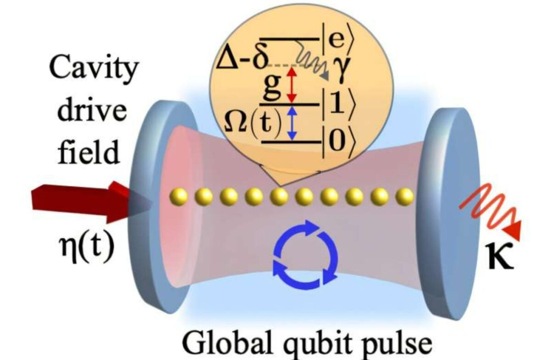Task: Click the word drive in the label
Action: click(92, 110)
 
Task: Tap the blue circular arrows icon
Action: click(305, 255)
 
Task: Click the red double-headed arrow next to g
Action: click(292, 85)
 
